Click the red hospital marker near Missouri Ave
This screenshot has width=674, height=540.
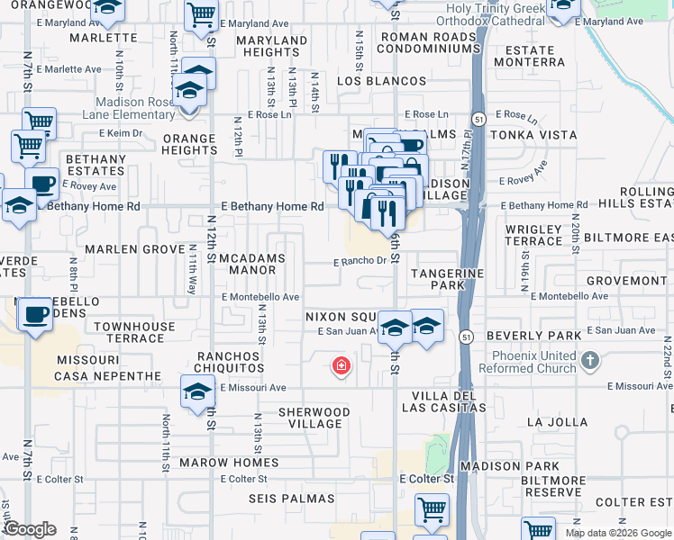click(342, 365)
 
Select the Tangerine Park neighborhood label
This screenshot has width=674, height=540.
click(448, 279)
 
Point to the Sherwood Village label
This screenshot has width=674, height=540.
click(310, 418)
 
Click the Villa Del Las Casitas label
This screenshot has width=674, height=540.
click(449, 401)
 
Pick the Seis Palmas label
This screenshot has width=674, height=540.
click(297, 498)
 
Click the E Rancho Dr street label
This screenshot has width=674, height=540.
click(359, 262)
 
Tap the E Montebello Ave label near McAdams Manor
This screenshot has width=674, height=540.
click(260, 297)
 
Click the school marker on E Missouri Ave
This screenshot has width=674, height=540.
click(197, 392)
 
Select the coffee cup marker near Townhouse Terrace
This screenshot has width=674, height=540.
click(35, 315)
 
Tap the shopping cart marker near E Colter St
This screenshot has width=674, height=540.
click(432, 509)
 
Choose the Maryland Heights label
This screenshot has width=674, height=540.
click(271, 47)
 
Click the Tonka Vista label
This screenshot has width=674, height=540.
click(533, 134)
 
